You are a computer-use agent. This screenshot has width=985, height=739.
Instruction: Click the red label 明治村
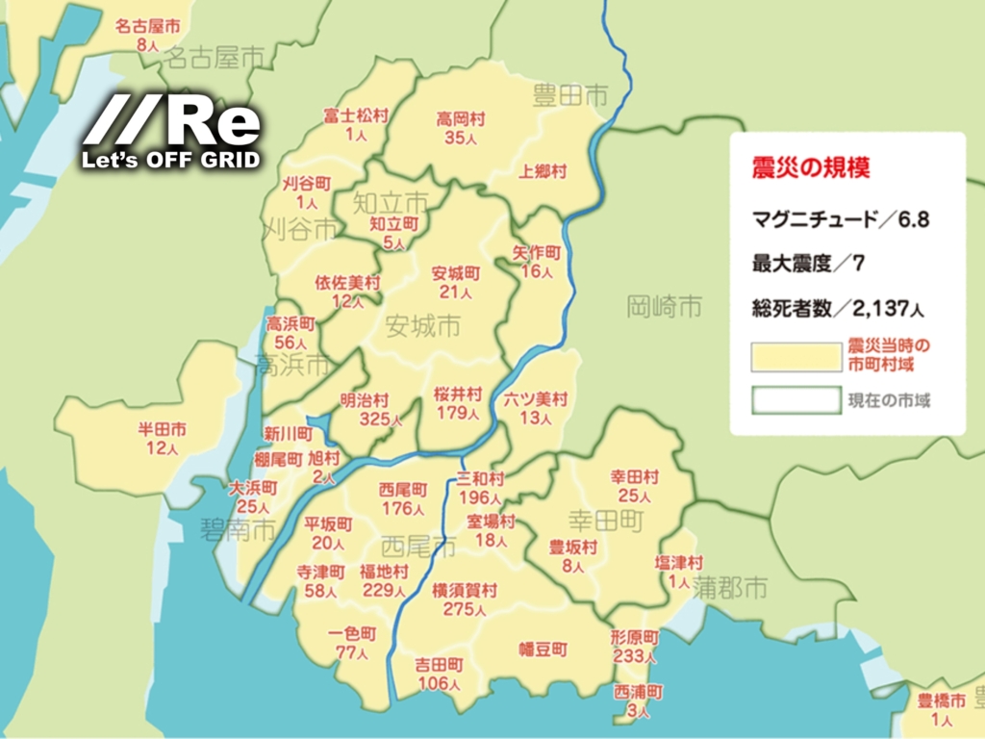tap(365, 398)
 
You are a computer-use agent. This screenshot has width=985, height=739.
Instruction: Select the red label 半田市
tap(163, 430)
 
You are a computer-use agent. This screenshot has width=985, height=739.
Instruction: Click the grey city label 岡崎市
tap(664, 307)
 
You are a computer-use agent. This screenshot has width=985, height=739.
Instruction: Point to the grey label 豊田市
tap(571, 95)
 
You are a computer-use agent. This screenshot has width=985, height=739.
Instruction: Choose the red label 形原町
tap(634, 638)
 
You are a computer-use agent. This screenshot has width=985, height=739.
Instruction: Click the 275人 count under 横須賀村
tap(465, 608)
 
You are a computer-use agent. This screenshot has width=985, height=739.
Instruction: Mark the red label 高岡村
tap(461, 119)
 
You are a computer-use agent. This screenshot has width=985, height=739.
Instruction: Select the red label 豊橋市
tap(941, 701)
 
